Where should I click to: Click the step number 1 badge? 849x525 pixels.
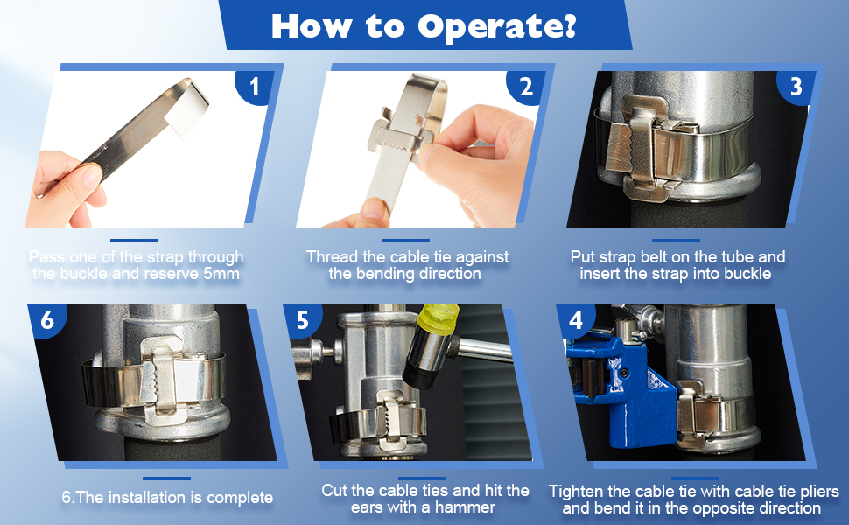point(254,86)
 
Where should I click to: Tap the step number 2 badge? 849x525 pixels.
point(525,86)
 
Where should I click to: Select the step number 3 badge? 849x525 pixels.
point(796,86)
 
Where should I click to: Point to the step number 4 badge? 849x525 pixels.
point(576,320)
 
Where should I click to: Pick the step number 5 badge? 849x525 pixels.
point(303,320)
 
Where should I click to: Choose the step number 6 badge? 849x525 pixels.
point(47,320)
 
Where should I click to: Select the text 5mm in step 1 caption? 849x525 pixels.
point(221,274)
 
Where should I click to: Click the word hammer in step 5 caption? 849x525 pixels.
point(465,507)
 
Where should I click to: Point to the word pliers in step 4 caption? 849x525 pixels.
point(815,492)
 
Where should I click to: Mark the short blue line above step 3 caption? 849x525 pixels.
point(676,241)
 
